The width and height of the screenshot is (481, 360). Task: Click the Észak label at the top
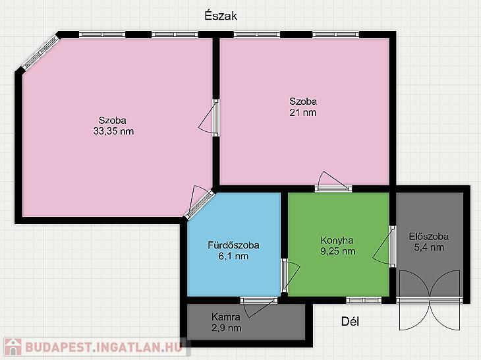pos(221,15)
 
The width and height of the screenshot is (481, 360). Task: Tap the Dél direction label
pos(350,321)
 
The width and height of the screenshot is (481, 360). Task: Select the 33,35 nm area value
pos(113,131)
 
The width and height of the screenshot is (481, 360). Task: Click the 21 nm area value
pos(303,112)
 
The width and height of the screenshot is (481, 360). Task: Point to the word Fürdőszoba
pos(233,245)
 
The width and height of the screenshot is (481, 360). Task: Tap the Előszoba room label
pos(429,236)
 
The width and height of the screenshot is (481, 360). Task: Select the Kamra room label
pos(226,316)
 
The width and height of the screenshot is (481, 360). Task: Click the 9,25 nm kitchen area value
pos(338,251)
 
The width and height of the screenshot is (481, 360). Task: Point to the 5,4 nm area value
pos(429,247)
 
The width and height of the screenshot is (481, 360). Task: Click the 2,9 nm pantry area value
pos(227,328)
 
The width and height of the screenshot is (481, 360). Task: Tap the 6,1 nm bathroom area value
pos(233,256)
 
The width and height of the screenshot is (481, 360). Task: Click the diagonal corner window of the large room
pos(40,52)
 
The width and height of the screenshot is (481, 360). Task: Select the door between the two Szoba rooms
pos(212,118)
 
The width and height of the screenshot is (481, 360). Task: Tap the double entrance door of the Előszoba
pos(430,300)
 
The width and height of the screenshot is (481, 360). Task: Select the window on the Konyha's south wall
pos(364,300)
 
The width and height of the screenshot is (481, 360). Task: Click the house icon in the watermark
pos(13,347)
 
